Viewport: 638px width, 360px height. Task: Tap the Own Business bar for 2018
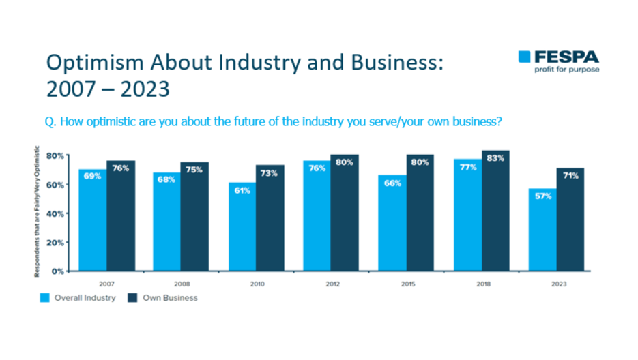pos(495,211)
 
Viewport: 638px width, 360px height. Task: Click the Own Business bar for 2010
pos(270,217)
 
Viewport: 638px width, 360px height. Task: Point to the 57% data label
pos(543,196)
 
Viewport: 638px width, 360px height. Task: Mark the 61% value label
pos(242,190)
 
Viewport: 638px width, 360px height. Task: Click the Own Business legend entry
pos(164,297)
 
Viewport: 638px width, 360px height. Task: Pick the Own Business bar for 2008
pos(194,217)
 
